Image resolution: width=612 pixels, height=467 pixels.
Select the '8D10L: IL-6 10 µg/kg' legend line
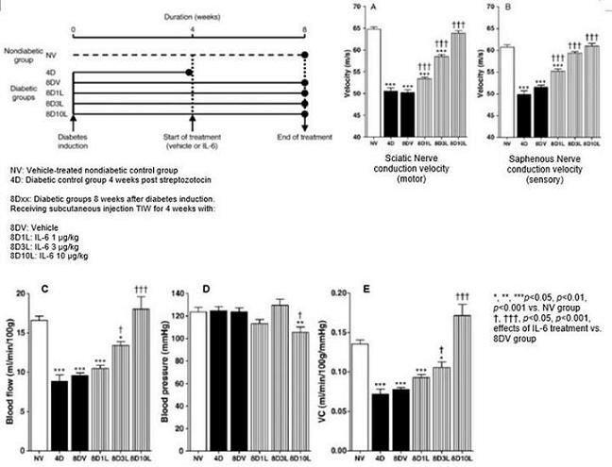pyautogui.click(x=47, y=257)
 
